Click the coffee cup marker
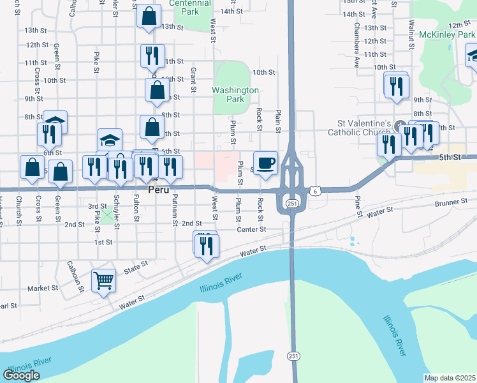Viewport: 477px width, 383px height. pyautogui.click(x=265, y=162)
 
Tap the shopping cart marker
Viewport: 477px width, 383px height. pyautogui.click(x=103, y=279)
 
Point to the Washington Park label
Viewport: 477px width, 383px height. pyautogui.click(x=236, y=95)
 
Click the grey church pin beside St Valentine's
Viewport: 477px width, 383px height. pyautogui.click(x=400, y=124)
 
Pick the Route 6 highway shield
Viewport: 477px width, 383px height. pyautogui.click(x=314, y=191)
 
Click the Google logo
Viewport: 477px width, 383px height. pyautogui.click(x=21, y=375)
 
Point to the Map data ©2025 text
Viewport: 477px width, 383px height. pyautogui.click(x=450, y=378)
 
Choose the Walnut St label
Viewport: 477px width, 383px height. pyautogui.click(x=412, y=31)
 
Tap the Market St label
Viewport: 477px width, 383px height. pyautogui.click(x=43, y=288)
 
